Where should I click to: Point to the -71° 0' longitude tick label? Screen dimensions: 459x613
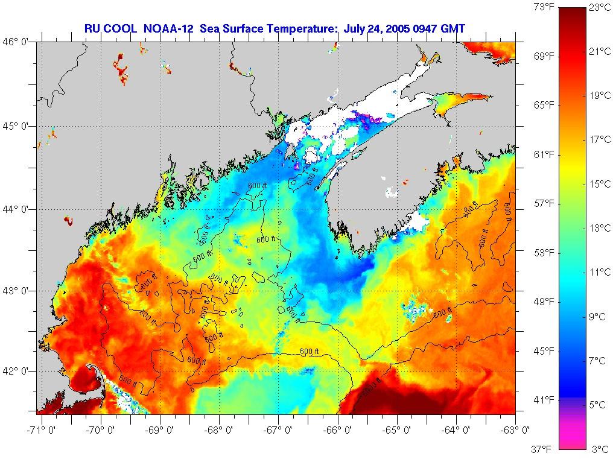(42, 430)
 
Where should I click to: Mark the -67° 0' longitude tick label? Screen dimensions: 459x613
(278, 430)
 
